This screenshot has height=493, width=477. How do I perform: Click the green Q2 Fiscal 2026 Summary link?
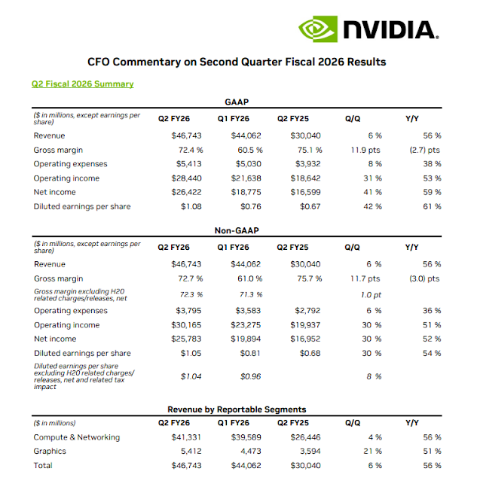pyautogui.click(x=82, y=84)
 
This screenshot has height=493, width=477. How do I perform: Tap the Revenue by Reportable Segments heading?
pyautogui.click(x=237, y=409)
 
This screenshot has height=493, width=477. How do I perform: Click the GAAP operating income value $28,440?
pyautogui.click(x=187, y=178)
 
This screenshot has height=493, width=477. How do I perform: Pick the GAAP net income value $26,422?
pyautogui.click(x=187, y=193)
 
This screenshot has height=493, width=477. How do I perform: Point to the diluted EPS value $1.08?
pyautogui.click(x=191, y=207)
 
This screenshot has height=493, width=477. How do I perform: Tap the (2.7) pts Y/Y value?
pyautogui.click(x=423, y=150)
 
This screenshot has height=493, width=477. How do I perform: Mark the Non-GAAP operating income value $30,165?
pyautogui.click(x=187, y=324)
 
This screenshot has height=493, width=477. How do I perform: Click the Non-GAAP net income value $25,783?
pyautogui.click(x=187, y=339)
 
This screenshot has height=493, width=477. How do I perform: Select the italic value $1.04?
pyautogui.click(x=191, y=376)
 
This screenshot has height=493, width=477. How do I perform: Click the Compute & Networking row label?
pyautogui.click(x=76, y=437)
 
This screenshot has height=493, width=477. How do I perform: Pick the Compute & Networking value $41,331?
pyautogui.click(x=187, y=437)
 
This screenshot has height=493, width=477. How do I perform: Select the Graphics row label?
pyautogui.click(x=50, y=452)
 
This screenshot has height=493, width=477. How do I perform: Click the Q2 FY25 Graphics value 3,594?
pyautogui.click(x=309, y=452)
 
